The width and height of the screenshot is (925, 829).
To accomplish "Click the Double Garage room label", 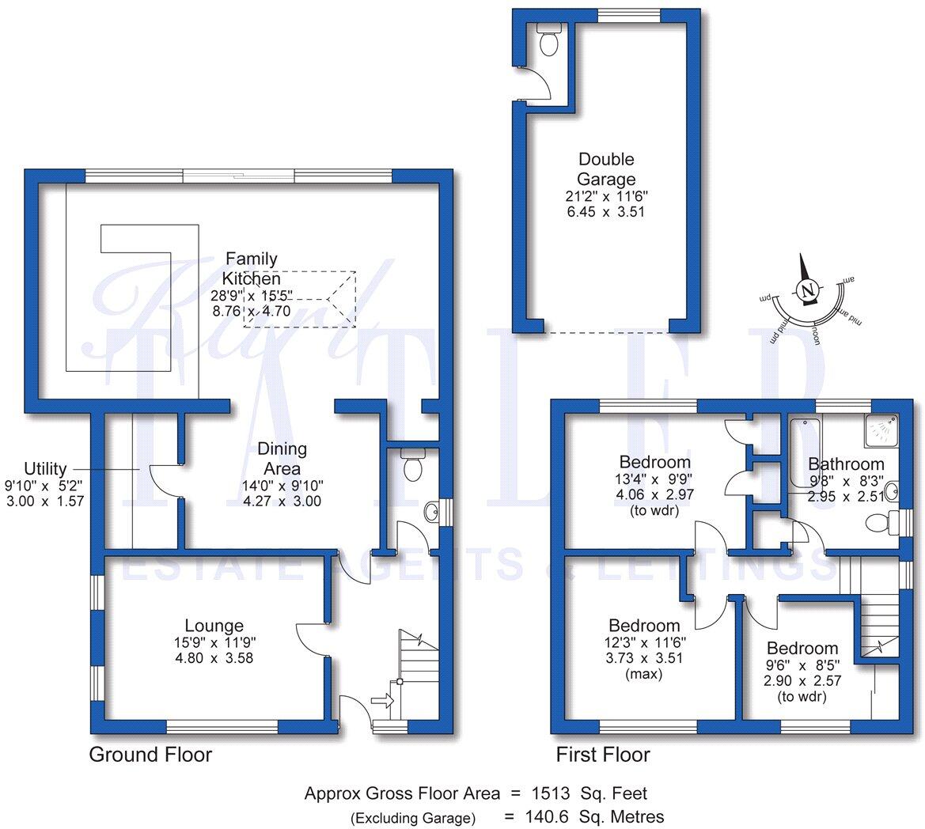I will point(606,169).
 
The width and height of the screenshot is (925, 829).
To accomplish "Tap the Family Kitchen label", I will point(251,268).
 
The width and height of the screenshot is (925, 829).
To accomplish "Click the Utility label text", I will point(46,468).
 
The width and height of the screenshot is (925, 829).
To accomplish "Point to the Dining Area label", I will point(282,459).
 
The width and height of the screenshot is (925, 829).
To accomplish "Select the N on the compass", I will point(807,290).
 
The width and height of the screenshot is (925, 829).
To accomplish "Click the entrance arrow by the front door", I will point(381,701).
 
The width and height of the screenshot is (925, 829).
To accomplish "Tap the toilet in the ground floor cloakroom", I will point(412,467).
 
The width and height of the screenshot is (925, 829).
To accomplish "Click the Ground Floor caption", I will point(150,754).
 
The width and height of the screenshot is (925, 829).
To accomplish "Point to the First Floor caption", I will point(603,754).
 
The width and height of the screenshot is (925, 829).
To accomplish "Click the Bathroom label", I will point(846,464).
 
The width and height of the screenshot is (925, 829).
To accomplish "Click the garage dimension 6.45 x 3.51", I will point(606,212).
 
